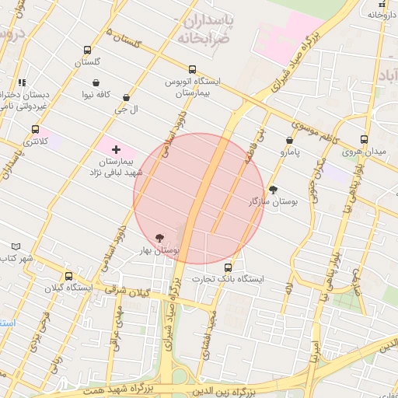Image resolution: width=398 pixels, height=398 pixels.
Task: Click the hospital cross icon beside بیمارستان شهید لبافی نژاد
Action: coord(117,148)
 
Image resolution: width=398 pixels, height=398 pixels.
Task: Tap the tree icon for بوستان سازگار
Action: coord(273,189)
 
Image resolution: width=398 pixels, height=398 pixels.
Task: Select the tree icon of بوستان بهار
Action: coord(160,238)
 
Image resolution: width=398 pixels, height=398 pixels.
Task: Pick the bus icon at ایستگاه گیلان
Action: coord(69,276)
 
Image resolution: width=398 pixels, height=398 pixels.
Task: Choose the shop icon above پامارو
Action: coord(289,141)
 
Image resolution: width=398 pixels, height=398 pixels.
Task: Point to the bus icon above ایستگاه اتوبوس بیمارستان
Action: coord(193,69)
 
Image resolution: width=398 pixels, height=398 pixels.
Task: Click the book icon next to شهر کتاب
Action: coord(5,246)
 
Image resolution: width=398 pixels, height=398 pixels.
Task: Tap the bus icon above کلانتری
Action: coord(34,130)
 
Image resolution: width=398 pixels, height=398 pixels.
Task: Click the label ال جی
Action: coord(126,110)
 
